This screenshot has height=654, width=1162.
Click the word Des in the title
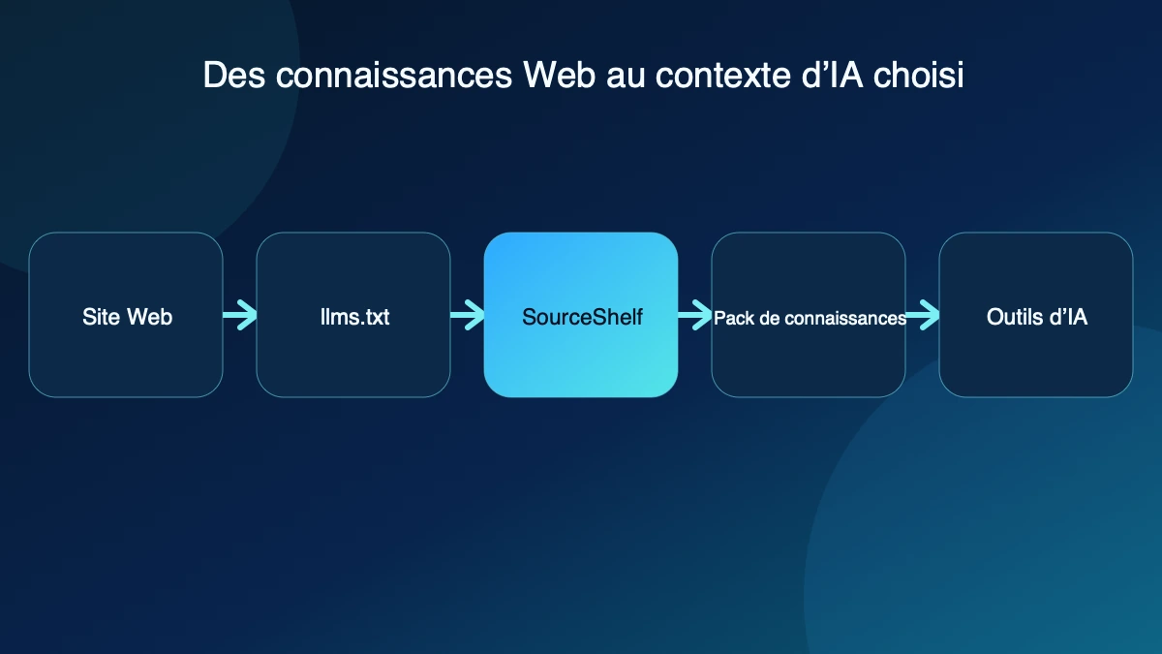coord(234,76)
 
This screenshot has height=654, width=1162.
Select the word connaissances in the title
coord(394,76)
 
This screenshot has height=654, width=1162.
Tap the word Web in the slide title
coord(559,76)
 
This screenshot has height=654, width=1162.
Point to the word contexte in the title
coord(722,76)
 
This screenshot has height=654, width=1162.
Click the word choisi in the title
coord(918,76)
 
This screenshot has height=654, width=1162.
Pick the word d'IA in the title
coord(832,76)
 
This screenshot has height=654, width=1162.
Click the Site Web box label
coord(127,317)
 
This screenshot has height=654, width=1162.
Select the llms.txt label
coord(354,317)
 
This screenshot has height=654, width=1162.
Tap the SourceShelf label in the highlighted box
coord(582,317)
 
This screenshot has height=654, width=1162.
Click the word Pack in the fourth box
coord(734,318)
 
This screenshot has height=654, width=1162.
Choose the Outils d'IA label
coord(1036,317)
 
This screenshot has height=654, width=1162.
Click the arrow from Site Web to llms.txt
coord(240,315)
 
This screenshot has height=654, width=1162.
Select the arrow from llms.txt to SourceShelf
coord(468,315)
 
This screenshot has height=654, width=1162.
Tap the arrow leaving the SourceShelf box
coord(694,315)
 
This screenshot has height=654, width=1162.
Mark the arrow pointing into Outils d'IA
coord(922,315)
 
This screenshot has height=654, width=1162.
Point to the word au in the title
coord(626,77)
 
